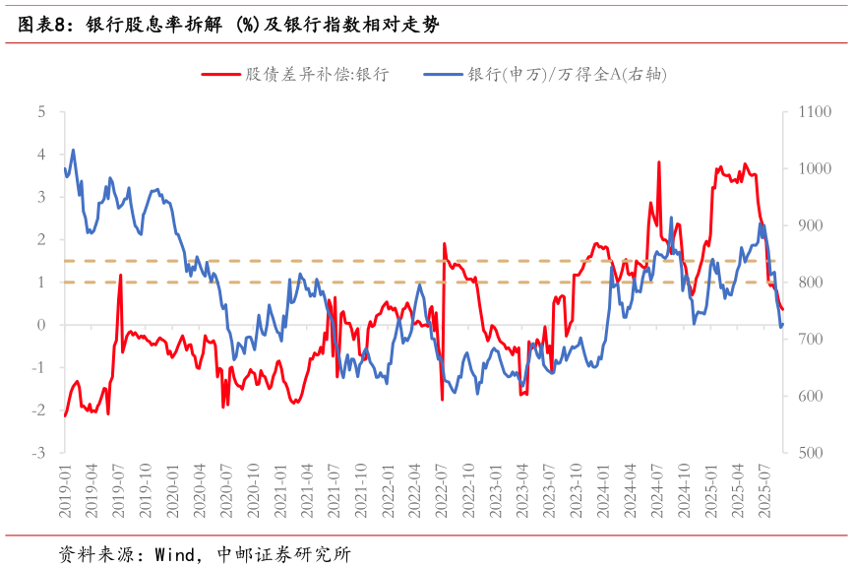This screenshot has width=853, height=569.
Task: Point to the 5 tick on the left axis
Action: [x=41, y=112]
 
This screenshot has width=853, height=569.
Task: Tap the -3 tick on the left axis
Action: [x=39, y=453]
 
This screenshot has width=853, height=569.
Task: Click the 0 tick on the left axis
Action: [x=41, y=325]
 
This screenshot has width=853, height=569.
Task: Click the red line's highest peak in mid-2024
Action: [x=658, y=162]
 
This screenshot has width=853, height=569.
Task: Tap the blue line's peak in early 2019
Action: [x=73, y=150]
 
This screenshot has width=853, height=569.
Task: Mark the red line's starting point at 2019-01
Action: [x=65, y=416]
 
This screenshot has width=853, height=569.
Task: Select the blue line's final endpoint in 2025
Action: [x=782, y=325]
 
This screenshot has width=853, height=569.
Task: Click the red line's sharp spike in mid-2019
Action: [x=120, y=276]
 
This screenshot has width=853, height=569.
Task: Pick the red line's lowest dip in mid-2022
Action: [x=442, y=399]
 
